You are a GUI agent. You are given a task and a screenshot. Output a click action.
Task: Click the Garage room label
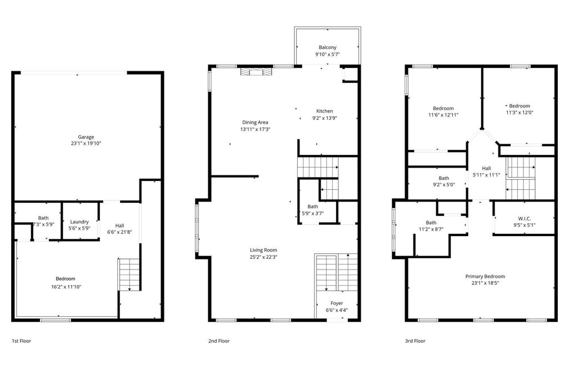pos(86,137)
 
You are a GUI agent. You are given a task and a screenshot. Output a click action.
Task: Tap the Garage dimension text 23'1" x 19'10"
pos(86,143)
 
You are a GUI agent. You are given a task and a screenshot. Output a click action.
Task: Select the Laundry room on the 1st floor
pos(79,222)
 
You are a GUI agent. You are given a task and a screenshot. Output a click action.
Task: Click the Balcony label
pos(327,47)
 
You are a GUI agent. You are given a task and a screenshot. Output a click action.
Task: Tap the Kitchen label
pos(325,111)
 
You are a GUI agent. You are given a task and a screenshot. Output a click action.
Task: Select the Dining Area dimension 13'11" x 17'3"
pos(255,129)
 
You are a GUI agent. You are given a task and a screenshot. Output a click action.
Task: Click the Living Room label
pos(263,250)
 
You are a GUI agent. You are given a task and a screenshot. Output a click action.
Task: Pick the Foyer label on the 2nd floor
pos(337,303)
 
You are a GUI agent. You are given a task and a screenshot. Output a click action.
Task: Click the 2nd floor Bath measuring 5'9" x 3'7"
pos(312,209)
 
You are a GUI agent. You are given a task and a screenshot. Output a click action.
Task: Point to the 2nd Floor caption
pos(219,341)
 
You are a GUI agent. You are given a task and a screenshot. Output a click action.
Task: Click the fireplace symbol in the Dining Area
pos(256,71)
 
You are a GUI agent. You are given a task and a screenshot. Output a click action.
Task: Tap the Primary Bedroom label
pos(485,276)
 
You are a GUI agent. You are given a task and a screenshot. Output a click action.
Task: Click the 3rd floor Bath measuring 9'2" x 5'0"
pos(443,181)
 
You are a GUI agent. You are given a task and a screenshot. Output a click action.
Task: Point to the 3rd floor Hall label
pos(486,168)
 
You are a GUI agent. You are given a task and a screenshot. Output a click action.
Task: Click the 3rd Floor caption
pos(415,341)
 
